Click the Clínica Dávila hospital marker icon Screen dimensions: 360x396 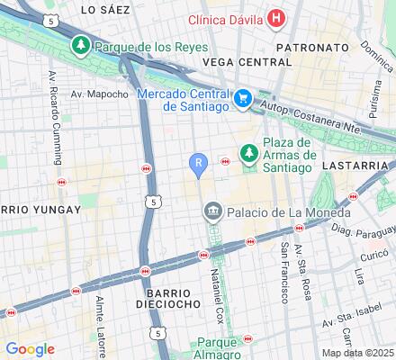pyautogui.click(x=278, y=19)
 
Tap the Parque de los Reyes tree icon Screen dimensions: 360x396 pyautogui.click(x=81, y=44)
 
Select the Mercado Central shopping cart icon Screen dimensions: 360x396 pyautogui.click(x=242, y=99)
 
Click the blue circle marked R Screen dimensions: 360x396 pyautogui.click(x=199, y=162)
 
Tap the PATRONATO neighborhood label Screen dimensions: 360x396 pyautogui.click(x=305, y=43)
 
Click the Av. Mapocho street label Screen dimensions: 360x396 pyautogui.click(x=100, y=94)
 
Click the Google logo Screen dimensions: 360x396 pyautogui.click(x=30, y=349)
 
